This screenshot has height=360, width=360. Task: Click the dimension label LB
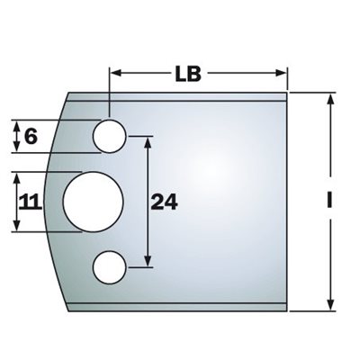(x=188, y=74)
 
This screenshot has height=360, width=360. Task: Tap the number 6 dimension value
(x=31, y=137)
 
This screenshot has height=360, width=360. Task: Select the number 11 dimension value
(x=30, y=202)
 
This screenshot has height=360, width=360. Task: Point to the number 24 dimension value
(x=164, y=202)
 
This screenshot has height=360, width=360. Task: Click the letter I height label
(x=329, y=200)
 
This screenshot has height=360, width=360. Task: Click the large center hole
(x=93, y=202)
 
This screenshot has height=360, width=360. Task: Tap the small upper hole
(x=109, y=136)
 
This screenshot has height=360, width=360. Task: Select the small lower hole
(x=109, y=267)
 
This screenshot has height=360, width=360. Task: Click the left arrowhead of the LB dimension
(x=116, y=73)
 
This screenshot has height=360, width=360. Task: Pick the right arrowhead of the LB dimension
(x=281, y=73)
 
